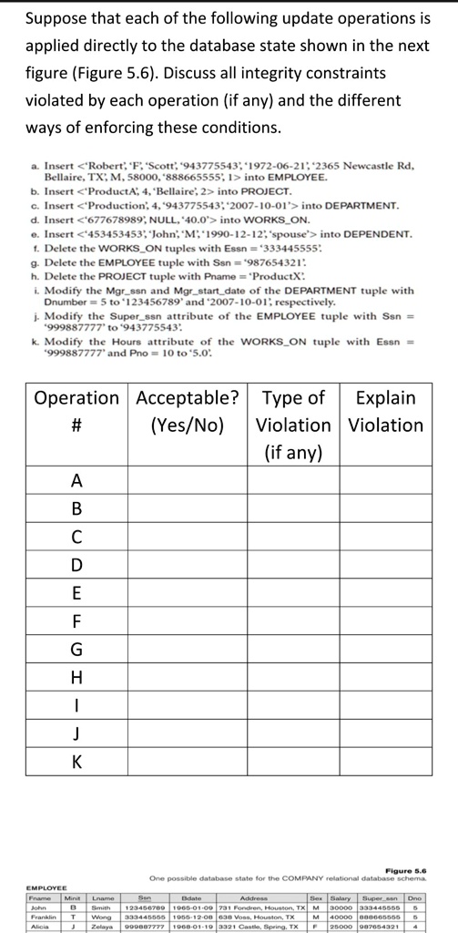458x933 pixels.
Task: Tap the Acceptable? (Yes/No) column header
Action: [x=191, y=411]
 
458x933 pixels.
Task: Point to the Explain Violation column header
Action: [x=386, y=411]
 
